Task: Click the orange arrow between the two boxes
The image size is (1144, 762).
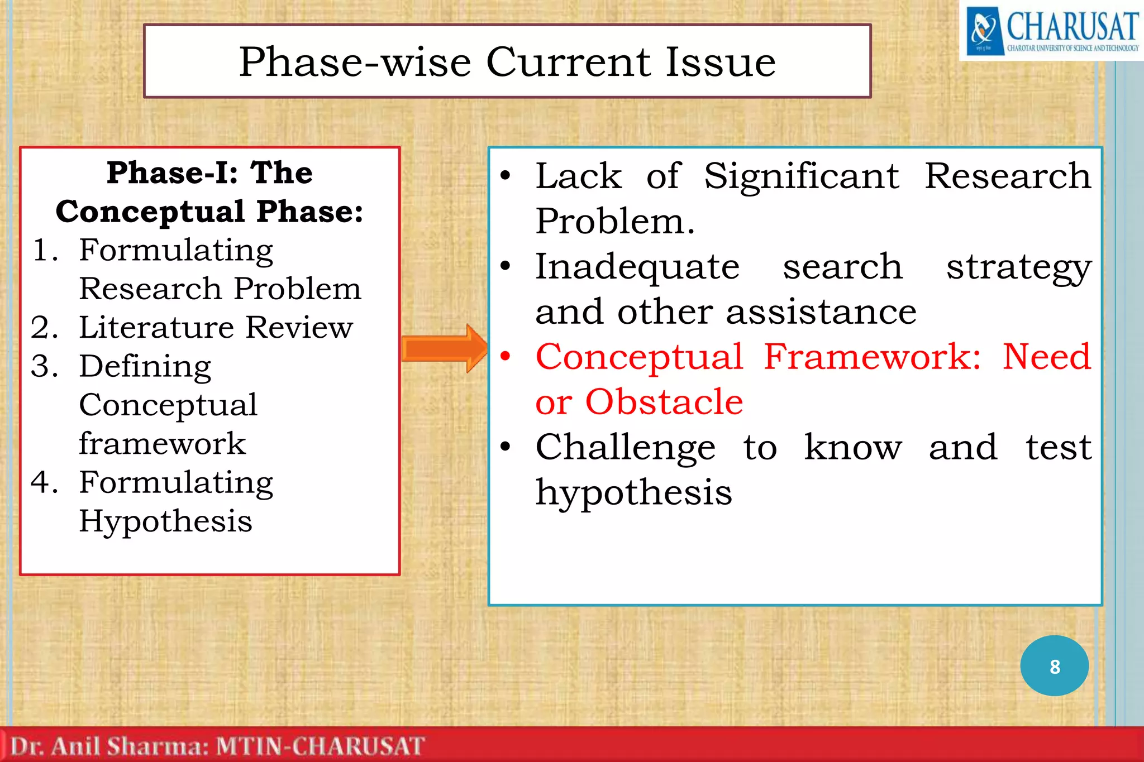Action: coord(444,348)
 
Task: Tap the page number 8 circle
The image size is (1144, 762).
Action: coord(1054,666)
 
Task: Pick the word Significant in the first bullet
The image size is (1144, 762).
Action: coord(802,176)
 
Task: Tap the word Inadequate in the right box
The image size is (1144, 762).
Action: coord(637,267)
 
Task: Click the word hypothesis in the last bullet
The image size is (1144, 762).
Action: coord(633,492)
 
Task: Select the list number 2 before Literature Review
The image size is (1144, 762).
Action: coord(45,328)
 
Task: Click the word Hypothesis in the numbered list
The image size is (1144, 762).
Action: coord(165,522)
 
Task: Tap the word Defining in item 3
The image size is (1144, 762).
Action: coord(145,367)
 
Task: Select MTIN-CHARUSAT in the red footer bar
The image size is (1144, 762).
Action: coord(320,746)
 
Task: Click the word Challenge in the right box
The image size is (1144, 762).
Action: coord(625,448)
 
